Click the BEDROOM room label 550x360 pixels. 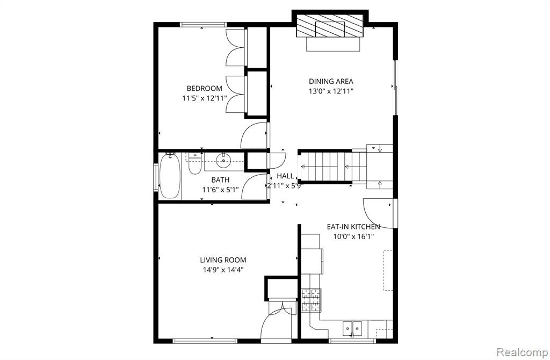point(204,89)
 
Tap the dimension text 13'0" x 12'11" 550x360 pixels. point(331,91)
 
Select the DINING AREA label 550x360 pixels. point(331,82)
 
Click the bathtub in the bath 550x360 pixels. point(170,176)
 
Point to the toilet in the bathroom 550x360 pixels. point(194,163)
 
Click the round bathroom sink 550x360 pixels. point(223,161)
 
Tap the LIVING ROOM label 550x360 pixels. point(223,260)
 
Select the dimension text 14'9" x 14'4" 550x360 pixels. point(223,270)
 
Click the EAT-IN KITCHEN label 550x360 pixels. point(353,227)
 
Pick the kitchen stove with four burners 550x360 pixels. point(311,300)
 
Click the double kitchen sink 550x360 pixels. point(352,328)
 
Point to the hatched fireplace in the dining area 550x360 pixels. point(330,26)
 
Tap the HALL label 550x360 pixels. point(285,176)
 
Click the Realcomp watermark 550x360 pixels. point(522,351)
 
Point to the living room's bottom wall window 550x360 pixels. point(205,341)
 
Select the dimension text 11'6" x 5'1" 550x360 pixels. point(220,190)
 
